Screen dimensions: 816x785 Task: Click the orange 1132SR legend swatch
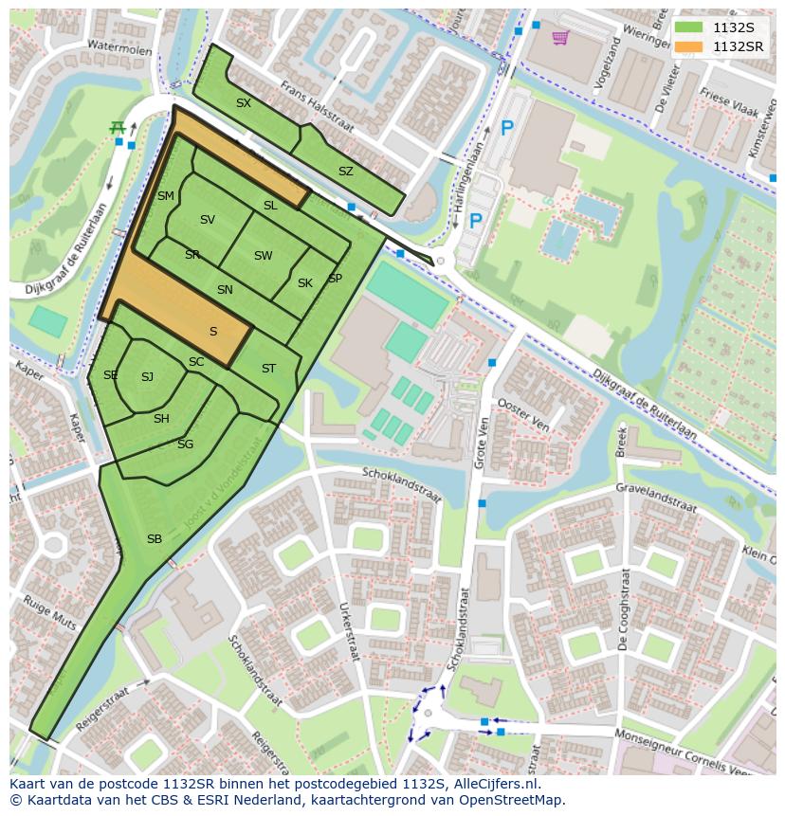689,46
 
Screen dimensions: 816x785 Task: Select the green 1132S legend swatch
689,27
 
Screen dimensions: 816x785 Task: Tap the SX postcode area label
244,103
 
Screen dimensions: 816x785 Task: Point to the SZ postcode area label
346,172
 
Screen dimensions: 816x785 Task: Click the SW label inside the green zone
263,256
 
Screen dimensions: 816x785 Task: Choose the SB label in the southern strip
155,539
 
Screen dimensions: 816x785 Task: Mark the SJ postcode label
147,377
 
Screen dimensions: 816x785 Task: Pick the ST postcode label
268,369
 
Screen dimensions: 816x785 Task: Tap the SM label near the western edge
166,196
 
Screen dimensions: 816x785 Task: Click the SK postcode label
305,283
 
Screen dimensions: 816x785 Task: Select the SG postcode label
185,444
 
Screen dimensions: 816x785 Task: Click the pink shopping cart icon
560,38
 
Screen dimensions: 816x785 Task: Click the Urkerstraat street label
349,630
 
